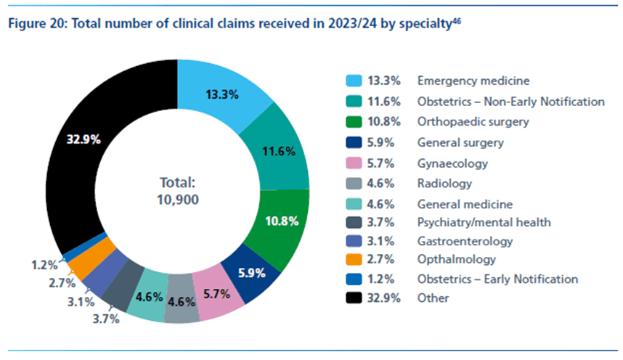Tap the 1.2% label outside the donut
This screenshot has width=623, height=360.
coord(41,265)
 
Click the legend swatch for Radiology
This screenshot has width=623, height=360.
coord(354,184)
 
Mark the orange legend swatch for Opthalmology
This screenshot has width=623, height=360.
coord(354,259)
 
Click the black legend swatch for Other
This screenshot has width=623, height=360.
coord(354,297)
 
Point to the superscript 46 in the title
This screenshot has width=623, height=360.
coord(457,20)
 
